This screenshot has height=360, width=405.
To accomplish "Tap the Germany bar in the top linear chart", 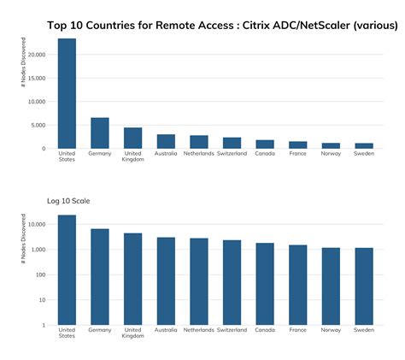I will tap(100, 133).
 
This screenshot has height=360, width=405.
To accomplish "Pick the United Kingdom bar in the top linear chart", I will tap(132, 138).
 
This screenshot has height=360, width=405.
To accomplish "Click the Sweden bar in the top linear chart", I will tap(364, 145).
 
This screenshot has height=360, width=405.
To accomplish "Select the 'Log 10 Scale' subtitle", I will tap(68, 201).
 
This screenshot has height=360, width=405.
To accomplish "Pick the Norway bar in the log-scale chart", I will tap(331, 286).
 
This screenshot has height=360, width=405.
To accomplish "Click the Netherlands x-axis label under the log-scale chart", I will tap(198, 330).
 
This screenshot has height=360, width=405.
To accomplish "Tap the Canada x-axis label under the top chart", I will tap(265, 154).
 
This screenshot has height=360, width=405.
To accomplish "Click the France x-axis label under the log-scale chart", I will tap(297, 330).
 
